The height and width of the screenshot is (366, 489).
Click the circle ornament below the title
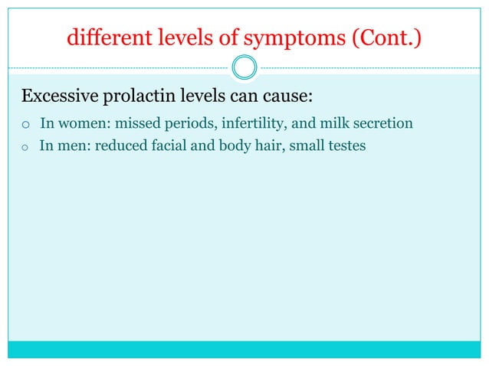pyautogui.click(x=244, y=68)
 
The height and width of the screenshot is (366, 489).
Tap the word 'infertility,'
pyautogui.click(x=247, y=123)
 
